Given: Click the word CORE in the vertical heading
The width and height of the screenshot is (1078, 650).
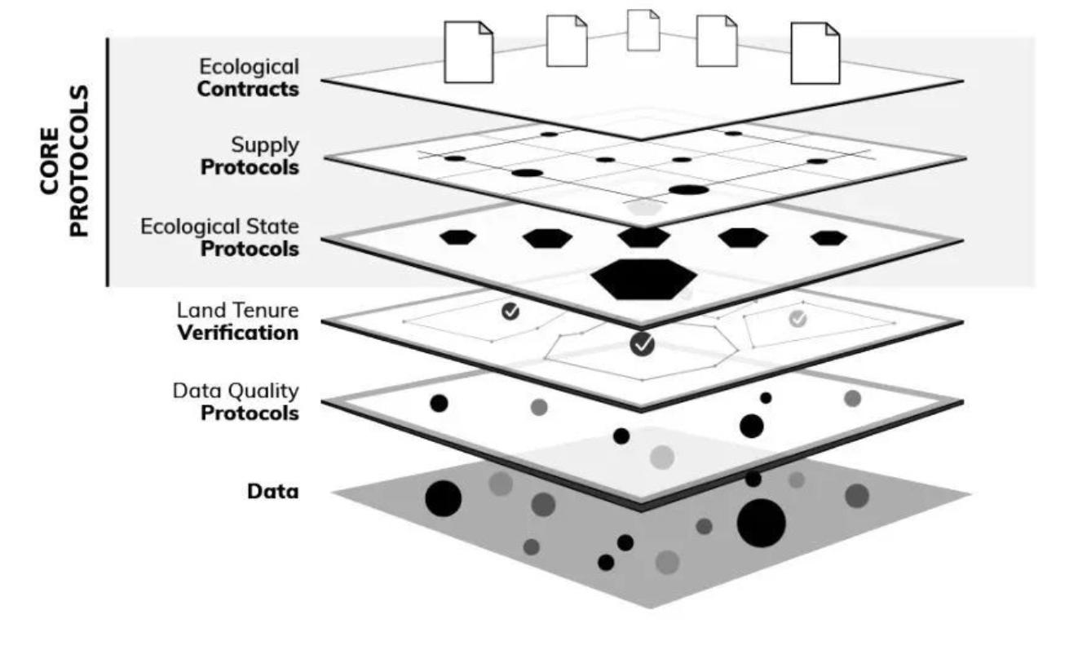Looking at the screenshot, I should (51, 160).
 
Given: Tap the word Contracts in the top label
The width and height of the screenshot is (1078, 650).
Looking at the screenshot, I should (248, 89).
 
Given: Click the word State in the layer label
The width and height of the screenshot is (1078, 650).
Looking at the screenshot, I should (273, 226).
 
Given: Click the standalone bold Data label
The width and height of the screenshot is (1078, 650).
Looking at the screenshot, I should (272, 491).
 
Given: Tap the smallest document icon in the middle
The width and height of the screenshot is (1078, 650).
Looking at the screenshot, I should (643, 30).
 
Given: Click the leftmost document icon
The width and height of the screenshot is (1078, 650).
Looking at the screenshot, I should (468, 52).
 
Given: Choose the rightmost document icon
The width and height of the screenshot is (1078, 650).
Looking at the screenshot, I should (815, 53).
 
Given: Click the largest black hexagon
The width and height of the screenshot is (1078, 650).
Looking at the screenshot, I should (643, 279).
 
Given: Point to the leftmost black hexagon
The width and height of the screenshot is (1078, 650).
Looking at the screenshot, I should (457, 237).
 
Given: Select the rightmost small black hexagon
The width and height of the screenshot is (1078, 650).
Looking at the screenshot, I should (829, 238).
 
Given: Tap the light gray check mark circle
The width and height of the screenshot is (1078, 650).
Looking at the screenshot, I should (798, 319).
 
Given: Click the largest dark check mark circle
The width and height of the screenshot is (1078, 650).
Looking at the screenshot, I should (643, 344).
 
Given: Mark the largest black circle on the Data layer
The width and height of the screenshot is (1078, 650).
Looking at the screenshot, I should (761, 523).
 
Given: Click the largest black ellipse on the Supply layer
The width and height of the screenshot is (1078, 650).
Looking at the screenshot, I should (689, 190).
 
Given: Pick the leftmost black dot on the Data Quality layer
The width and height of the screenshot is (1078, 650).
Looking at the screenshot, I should (439, 403).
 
